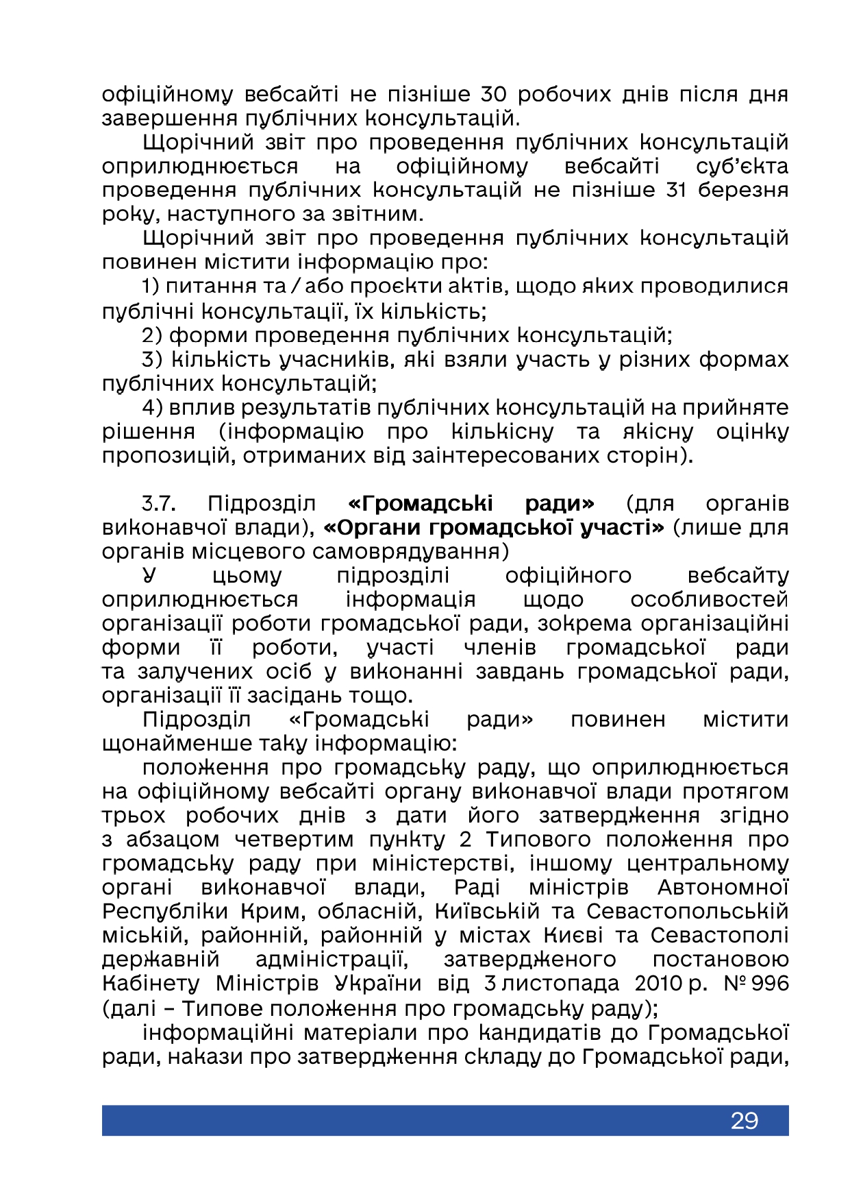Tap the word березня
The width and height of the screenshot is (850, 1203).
coord(743,190)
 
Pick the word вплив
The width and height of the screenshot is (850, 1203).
coord(195,408)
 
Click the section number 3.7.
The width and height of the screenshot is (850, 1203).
coord(159,504)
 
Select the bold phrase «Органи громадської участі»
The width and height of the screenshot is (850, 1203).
coord(493,528)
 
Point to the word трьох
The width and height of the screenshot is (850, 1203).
coord(134,816)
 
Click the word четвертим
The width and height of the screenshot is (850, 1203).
coord(294,840)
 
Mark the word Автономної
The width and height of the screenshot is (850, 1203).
coord(723,888)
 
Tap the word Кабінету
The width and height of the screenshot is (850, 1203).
coord(151,984)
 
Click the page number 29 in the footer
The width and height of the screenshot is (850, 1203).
coord(745,1121)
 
